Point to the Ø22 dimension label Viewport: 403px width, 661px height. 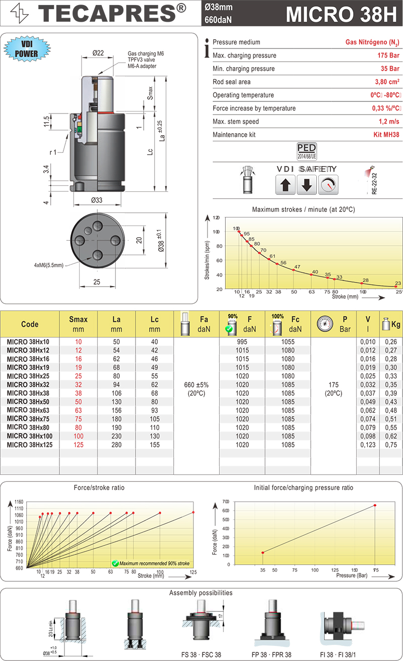pyautogui.click(x=98, y=53)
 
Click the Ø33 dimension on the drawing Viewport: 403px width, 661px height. pyautogui.click(x=97, y=200)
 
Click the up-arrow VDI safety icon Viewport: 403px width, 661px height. pyautogui.click(x=286, y=185)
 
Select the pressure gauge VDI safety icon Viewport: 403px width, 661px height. pyautogui.click(x=328, y=185)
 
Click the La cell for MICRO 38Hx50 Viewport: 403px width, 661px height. pyautogui.click(x=117, y=401)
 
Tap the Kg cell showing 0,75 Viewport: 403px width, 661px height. pyautogui.click(x=390, y=445)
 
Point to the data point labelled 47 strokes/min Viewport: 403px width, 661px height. pyautogui.click(x=294, y=270)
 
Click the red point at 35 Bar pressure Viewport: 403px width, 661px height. pyautogui.click(x=262, y=553)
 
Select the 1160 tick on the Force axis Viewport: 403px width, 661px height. pyautogui.click(x=20, y=503)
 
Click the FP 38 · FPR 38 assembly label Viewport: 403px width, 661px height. pyautogui.click(x=272, y=654)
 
